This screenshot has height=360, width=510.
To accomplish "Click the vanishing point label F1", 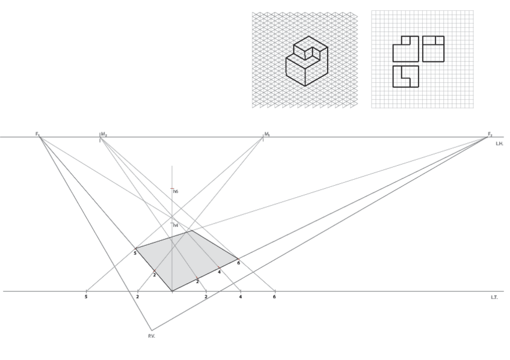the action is point(37,133).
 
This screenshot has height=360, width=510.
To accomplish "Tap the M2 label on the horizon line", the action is point(104,133).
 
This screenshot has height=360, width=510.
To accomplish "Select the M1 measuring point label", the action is point(266,133).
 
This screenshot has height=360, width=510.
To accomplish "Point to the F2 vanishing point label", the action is point(490,133).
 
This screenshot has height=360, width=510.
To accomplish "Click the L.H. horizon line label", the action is point(499,144).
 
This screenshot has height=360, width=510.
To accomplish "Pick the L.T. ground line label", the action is point(494,297).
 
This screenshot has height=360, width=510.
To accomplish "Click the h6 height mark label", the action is point(176,191).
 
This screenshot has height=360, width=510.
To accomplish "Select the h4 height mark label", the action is point(176,225).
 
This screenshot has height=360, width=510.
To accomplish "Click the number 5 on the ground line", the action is point(87,297).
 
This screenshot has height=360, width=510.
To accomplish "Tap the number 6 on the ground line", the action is point(275,297).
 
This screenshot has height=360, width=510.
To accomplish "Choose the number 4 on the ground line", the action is point(241,297).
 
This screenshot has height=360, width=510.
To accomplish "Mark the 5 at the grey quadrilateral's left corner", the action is point(135,254).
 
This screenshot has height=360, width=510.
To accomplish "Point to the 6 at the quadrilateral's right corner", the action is point(238,263).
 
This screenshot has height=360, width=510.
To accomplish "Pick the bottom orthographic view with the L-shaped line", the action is point(405,76).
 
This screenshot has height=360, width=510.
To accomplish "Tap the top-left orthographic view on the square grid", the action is point(405,49).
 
